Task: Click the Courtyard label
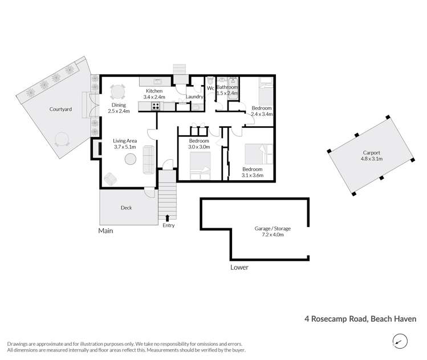point(60,108)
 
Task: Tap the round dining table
point(117,91)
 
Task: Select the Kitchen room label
point(154,91)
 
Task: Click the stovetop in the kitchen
point(155,106)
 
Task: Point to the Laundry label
point(195,98)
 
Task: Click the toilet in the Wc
point(210,82)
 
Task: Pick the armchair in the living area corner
point(110,179)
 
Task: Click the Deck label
point(126,208)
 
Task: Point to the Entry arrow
point(167,217)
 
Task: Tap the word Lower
point(239,267)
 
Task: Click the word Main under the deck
point(105,231)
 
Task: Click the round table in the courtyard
point(60,139)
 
